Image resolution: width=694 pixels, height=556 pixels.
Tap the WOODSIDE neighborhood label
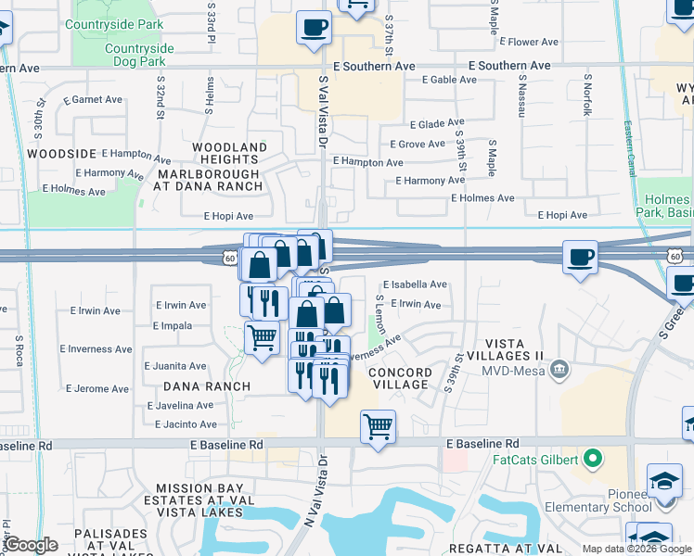62,153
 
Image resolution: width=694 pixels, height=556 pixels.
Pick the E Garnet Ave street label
93,100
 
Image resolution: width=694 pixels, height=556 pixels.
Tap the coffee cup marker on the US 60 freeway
581,258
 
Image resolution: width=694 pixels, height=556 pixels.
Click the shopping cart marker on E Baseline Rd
378,428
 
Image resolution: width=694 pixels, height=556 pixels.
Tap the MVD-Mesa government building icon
559,370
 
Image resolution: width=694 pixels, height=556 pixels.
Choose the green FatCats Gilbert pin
594,459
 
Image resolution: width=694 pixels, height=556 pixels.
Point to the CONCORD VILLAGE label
401,379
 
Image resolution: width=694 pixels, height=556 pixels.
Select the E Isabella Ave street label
415,284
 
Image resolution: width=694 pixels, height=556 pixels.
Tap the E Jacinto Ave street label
184,424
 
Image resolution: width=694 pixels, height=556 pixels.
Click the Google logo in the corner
31,546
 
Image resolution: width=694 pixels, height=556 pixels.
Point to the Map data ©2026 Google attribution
636,549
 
